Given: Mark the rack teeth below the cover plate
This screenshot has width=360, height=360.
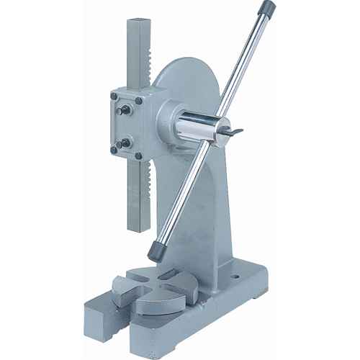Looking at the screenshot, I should pos(147,194).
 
